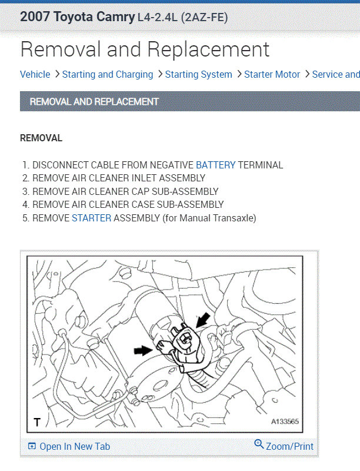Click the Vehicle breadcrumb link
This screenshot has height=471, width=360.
click(35, 74)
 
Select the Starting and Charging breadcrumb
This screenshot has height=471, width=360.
click(108, 75)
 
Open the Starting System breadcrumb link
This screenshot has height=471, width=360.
click(199, 75)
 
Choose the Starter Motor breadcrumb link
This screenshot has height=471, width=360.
click(272, 74)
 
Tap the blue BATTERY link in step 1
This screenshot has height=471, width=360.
click(216, 165)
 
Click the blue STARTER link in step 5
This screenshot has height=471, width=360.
click(92, 218)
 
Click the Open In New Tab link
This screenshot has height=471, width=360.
click(75, 446)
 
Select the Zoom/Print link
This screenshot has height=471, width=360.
click(289, 446)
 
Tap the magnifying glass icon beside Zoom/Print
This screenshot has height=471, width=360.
click(259, 444)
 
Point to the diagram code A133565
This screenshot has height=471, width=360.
click(285, 422)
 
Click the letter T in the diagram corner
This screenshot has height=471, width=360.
click(37, 422)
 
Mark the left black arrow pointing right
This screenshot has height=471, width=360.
click(144, 350)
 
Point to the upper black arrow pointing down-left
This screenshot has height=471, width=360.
click(203, 320)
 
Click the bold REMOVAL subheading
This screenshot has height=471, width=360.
click(41, 138)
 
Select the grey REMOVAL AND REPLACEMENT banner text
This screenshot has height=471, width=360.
click(94, 101)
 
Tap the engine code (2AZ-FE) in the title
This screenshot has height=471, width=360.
click(204, 18)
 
